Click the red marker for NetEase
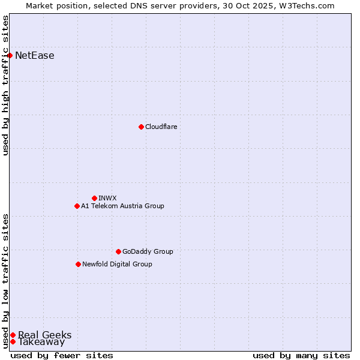(10, 56)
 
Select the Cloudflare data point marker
(141, 127)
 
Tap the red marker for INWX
(94, 198)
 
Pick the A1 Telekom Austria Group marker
(77, 206)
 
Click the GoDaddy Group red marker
(118, 251)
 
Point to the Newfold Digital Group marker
(78, 264)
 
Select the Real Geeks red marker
(13, 335)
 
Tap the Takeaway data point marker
(13, 341)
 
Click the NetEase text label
(35, 56)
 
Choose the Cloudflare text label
(161, 127)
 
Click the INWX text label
(107, 198)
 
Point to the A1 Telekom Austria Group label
(122, 206)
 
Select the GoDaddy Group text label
(148, 251)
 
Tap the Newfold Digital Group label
(117, 264)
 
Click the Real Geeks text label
(45, 335)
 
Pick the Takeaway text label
(41, 342)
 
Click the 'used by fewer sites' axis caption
(62, 355)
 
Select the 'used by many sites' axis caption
(301, 355)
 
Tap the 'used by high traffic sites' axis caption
(5, 86)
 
